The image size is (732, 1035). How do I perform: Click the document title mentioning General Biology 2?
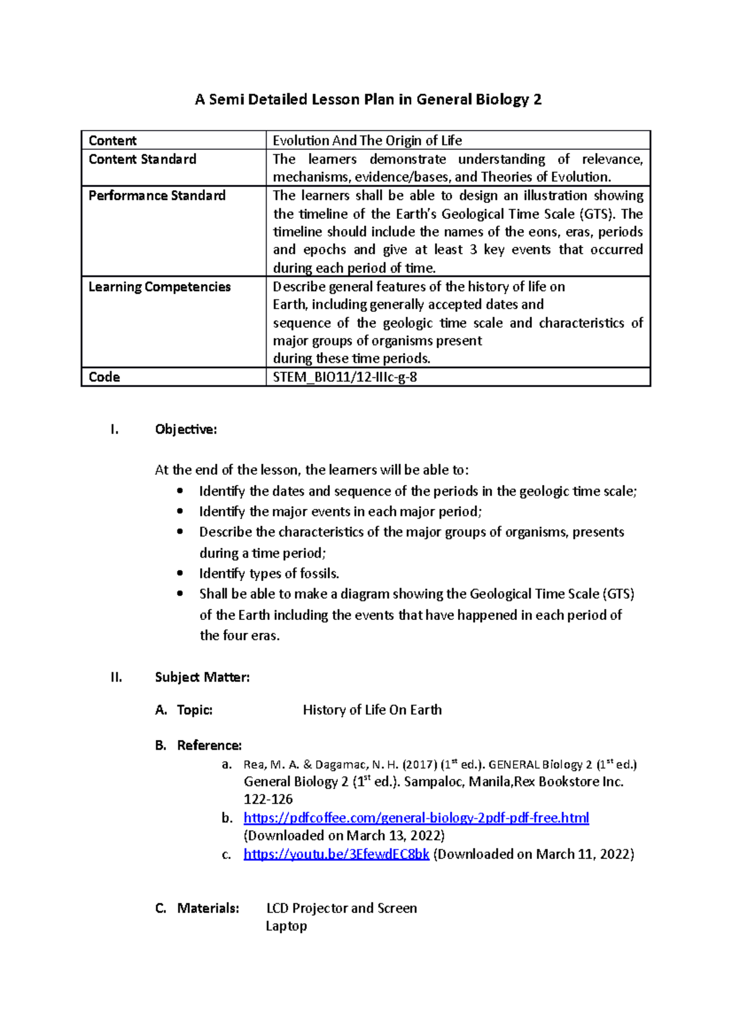[368, 99]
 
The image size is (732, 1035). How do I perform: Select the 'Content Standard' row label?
[142, 159]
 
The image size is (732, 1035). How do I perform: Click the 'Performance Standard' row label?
[157, 196]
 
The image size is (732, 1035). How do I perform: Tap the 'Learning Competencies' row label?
[159, 286]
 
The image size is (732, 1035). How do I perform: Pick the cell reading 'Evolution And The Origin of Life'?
[367, 140]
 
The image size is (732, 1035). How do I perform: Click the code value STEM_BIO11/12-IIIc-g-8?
[345, 377]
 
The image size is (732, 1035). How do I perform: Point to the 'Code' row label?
[104, 377]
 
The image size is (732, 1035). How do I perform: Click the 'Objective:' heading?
[185, 429]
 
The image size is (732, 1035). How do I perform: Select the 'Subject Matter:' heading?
[202, 677]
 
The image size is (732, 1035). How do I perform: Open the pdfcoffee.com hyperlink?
[416, 817]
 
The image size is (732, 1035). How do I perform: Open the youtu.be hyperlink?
[336, 854]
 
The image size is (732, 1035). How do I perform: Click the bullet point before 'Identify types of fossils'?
[179, 573]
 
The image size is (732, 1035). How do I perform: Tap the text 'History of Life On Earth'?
[372, 710]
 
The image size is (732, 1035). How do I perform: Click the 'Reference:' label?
[209, 745]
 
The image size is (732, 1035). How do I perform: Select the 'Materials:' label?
[208, 908]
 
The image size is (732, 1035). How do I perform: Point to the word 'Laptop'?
[286, 926]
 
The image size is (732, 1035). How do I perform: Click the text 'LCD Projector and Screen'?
[342, 908]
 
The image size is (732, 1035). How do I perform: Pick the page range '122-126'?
[268, 799]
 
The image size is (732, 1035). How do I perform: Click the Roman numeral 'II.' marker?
[117, 677]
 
